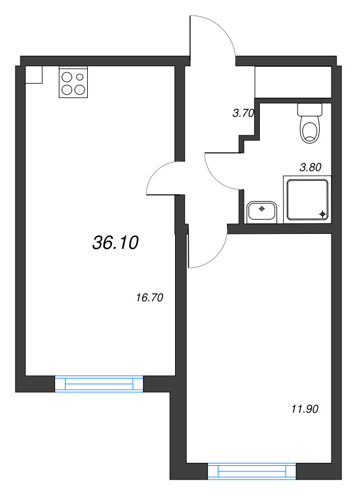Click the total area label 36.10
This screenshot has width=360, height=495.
[116, 243]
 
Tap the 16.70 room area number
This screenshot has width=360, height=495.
[150, 298]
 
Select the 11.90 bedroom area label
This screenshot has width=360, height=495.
[305, 409]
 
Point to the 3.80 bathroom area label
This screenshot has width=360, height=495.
[311, 167]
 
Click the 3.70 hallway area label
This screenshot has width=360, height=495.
[243, 113]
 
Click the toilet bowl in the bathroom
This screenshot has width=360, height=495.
[310, 130]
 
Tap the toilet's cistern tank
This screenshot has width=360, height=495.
[309, 110]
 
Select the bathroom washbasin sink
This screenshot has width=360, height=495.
[262, 212]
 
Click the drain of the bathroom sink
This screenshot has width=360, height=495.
[262, 209]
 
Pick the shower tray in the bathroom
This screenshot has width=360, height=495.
[307, 199]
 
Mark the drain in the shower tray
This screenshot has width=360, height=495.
[322, 214]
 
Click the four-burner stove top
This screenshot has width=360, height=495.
[73, 82]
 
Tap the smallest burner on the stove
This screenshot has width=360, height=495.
[80, 77]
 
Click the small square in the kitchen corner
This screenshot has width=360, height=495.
[34, 75]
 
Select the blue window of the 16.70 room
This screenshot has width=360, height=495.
[99, 384]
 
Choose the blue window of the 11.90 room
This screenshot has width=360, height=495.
[252, 471]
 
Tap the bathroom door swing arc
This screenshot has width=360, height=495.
[216, 177]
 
